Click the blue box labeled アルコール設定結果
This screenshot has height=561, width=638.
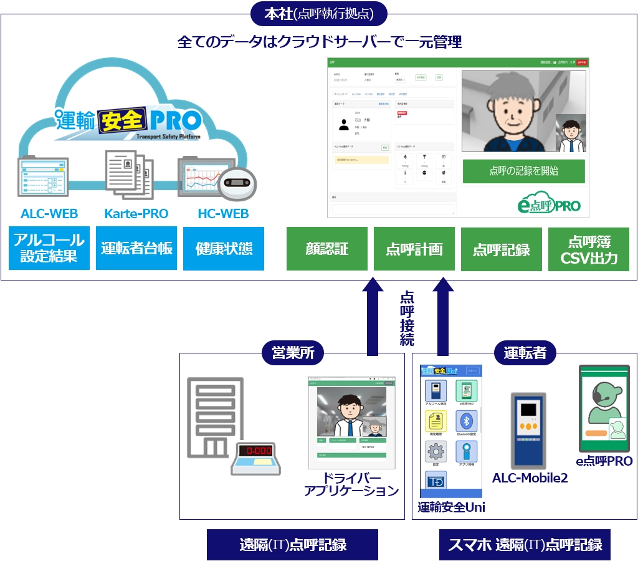point(49,248)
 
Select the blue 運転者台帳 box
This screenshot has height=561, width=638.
point(136,248)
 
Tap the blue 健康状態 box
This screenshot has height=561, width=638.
point(224,248)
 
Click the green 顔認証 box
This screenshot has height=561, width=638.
point(327,249)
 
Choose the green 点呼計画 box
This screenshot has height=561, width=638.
point(414,249)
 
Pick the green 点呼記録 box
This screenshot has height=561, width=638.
point(502,249)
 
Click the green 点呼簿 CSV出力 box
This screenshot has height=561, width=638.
point(589,249)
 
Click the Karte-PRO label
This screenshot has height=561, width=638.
point(136,214)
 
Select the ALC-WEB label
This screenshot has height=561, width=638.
point(49,214)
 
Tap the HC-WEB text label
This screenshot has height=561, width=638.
point(223,214)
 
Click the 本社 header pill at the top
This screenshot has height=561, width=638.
point(319,12)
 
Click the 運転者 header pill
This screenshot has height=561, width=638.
point(525,353)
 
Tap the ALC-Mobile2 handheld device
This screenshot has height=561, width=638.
point(528,430)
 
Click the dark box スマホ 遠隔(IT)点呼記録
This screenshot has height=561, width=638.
point(525,545)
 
